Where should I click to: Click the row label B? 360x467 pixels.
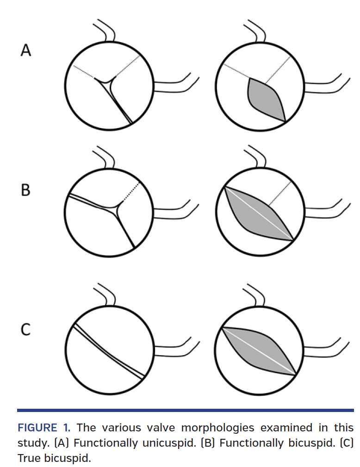[26, 190]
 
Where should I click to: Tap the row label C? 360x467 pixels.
[26, 329]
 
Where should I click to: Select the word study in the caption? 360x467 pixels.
[31, 443]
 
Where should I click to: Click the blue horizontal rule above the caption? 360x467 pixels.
[185, 410]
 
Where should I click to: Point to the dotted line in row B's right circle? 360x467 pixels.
[281, 193]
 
